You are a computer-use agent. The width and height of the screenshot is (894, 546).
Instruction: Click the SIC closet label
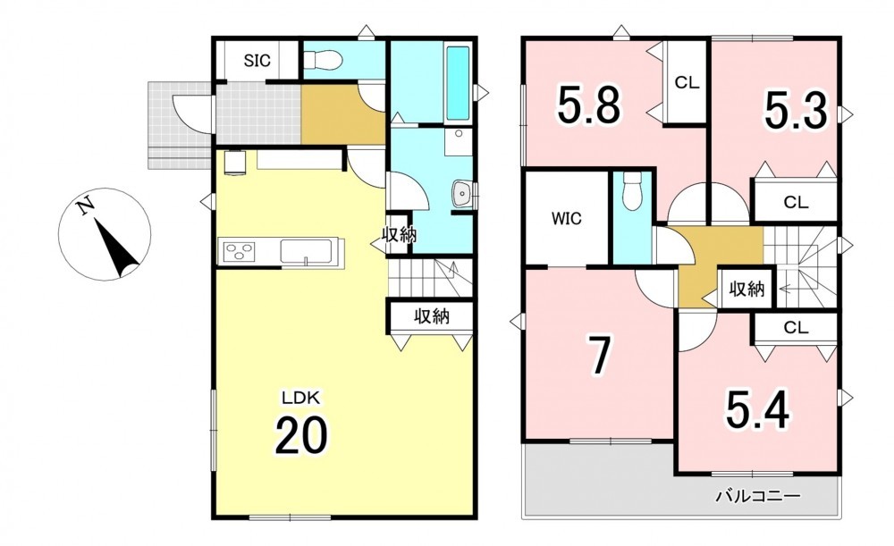pos(257,60)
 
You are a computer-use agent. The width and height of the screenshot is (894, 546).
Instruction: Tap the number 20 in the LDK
pos(301,435)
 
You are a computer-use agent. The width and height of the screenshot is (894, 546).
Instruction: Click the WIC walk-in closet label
pos(567,218)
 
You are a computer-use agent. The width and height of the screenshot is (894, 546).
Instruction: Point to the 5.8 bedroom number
pos(589,105)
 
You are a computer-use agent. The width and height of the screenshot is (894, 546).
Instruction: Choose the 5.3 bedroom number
pos(796,110)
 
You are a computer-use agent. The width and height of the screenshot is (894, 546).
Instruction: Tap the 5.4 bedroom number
pos(758,410)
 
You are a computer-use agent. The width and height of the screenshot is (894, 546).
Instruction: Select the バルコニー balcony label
pos(758,497)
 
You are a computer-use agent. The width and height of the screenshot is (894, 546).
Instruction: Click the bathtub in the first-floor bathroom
pos(457,84)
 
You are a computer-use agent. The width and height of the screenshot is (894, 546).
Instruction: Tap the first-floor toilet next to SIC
pos(322,59)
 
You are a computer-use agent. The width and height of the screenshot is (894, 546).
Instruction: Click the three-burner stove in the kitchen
pos(240,251)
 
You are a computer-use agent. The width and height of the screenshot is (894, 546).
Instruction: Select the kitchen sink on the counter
pos(306,252)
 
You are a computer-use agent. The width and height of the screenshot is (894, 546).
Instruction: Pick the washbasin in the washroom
pos(460,193)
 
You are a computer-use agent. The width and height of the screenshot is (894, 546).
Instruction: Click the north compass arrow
pos(117,248)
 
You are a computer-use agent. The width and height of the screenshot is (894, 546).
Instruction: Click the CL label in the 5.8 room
pos(687,82)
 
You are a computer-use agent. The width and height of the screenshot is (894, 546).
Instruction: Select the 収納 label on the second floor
pos(746,290)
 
